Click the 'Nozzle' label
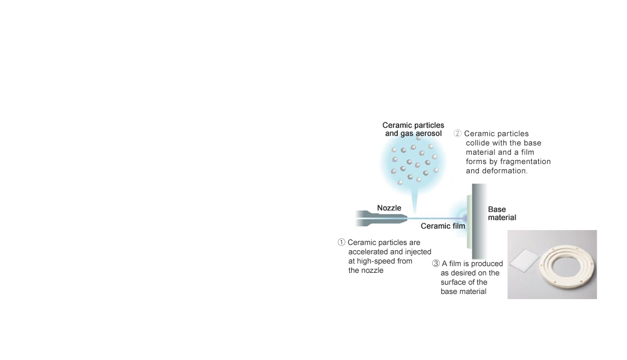click(x=389, y=208)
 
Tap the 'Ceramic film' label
click(x=443, y=226)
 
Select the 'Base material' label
click(x=502, y=214)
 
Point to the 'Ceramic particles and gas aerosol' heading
click(x=413, y=129)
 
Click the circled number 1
click(x=341, y=242)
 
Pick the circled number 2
click(x=457, y=134)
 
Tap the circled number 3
click(x=436, y=264)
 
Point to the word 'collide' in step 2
click(x=478, y=143)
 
